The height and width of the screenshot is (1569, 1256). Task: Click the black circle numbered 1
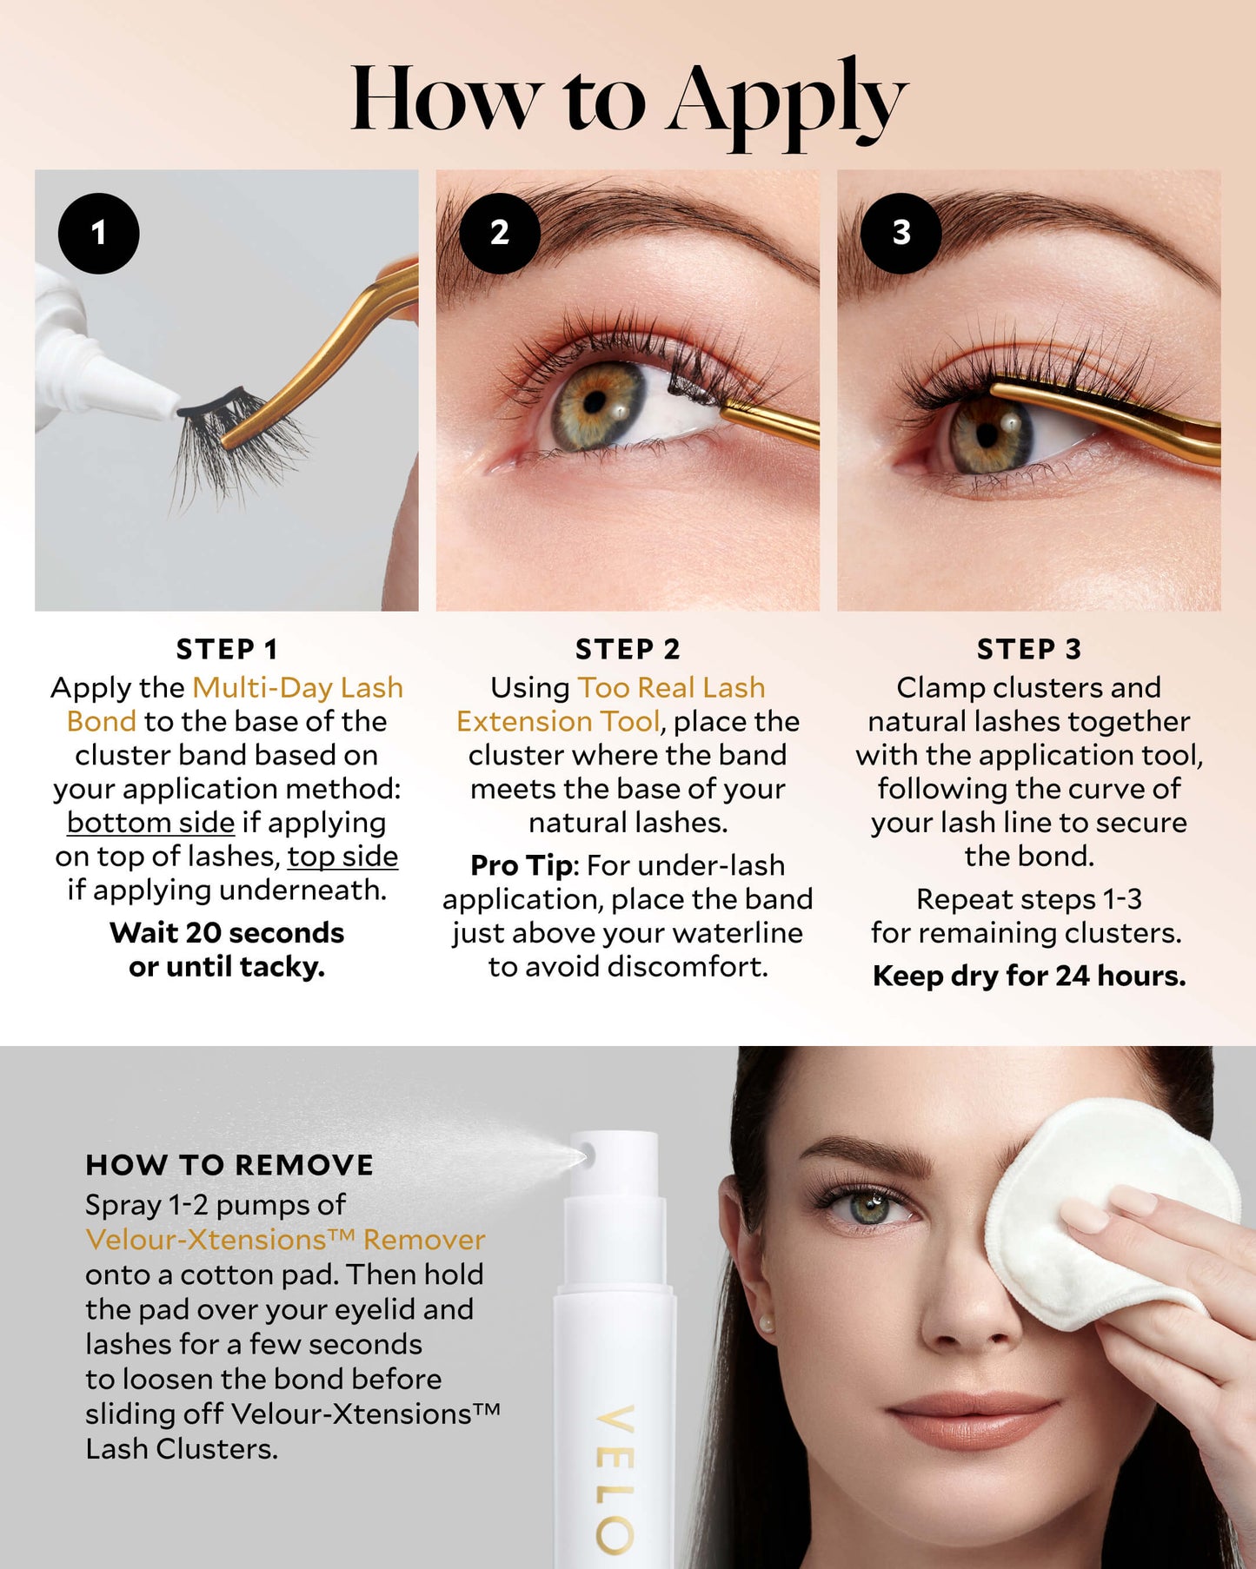[x=98, y=233]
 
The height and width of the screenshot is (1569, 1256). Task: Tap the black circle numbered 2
[x=500, y=233]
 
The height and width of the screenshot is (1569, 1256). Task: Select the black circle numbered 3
[x=900, y=233]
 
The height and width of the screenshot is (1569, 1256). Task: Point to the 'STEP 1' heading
[x=227, y=649]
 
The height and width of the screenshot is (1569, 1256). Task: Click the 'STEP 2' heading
[x=628, y=649]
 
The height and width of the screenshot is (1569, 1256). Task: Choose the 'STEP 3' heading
[x=1029, y=649]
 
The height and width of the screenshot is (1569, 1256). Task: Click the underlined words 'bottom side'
[x=150, y=822]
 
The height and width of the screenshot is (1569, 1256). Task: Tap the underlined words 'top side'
[x=342, y=857]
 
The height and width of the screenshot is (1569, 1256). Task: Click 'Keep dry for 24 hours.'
[x=1029, y=976]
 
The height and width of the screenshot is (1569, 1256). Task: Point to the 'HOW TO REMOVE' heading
[x=229, y=1165]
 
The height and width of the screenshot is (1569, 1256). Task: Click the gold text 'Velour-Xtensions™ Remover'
[x=285, y=1240]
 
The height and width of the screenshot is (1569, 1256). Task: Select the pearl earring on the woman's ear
[x=766, y=1322]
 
